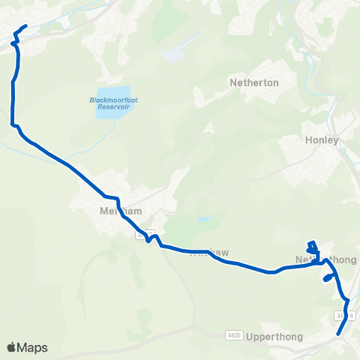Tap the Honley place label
(x=322, y=140)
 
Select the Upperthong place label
(x=274, y=337)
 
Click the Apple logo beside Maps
(x=11, y=347)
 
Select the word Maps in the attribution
(x=32, y=347)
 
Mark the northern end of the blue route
(x=25, y=27)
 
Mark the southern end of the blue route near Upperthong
(x=339, y=334)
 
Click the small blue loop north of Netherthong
(x=312, y=247)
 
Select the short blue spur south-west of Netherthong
(x=328, y=277)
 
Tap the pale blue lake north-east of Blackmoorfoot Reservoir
(x=172, y=55)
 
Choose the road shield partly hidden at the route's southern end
(x=343, y=317)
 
